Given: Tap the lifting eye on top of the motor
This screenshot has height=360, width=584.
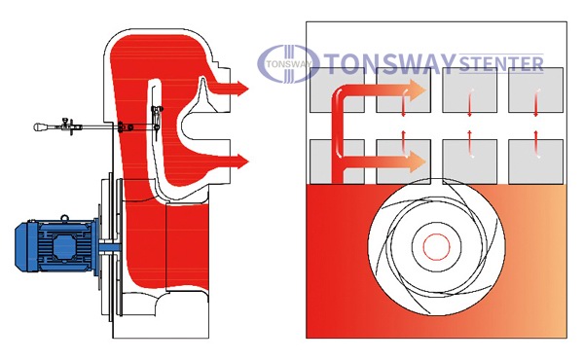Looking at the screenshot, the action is [65, 218].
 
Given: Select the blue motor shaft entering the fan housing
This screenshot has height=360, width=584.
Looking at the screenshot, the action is [110, 246].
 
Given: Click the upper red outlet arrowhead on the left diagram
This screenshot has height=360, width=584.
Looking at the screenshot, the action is [242, 89].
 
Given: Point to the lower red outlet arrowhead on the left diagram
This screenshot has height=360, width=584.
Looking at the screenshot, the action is [242, 162].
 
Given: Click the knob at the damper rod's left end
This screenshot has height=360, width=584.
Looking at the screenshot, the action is [38, 126].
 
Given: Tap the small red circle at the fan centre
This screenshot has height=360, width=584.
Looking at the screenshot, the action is [436, 247].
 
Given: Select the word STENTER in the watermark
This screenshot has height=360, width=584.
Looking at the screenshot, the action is [501, 64].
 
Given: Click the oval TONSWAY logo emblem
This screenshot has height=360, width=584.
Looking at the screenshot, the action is [288, 63].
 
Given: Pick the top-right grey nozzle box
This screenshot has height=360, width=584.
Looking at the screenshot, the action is [535, 90].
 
